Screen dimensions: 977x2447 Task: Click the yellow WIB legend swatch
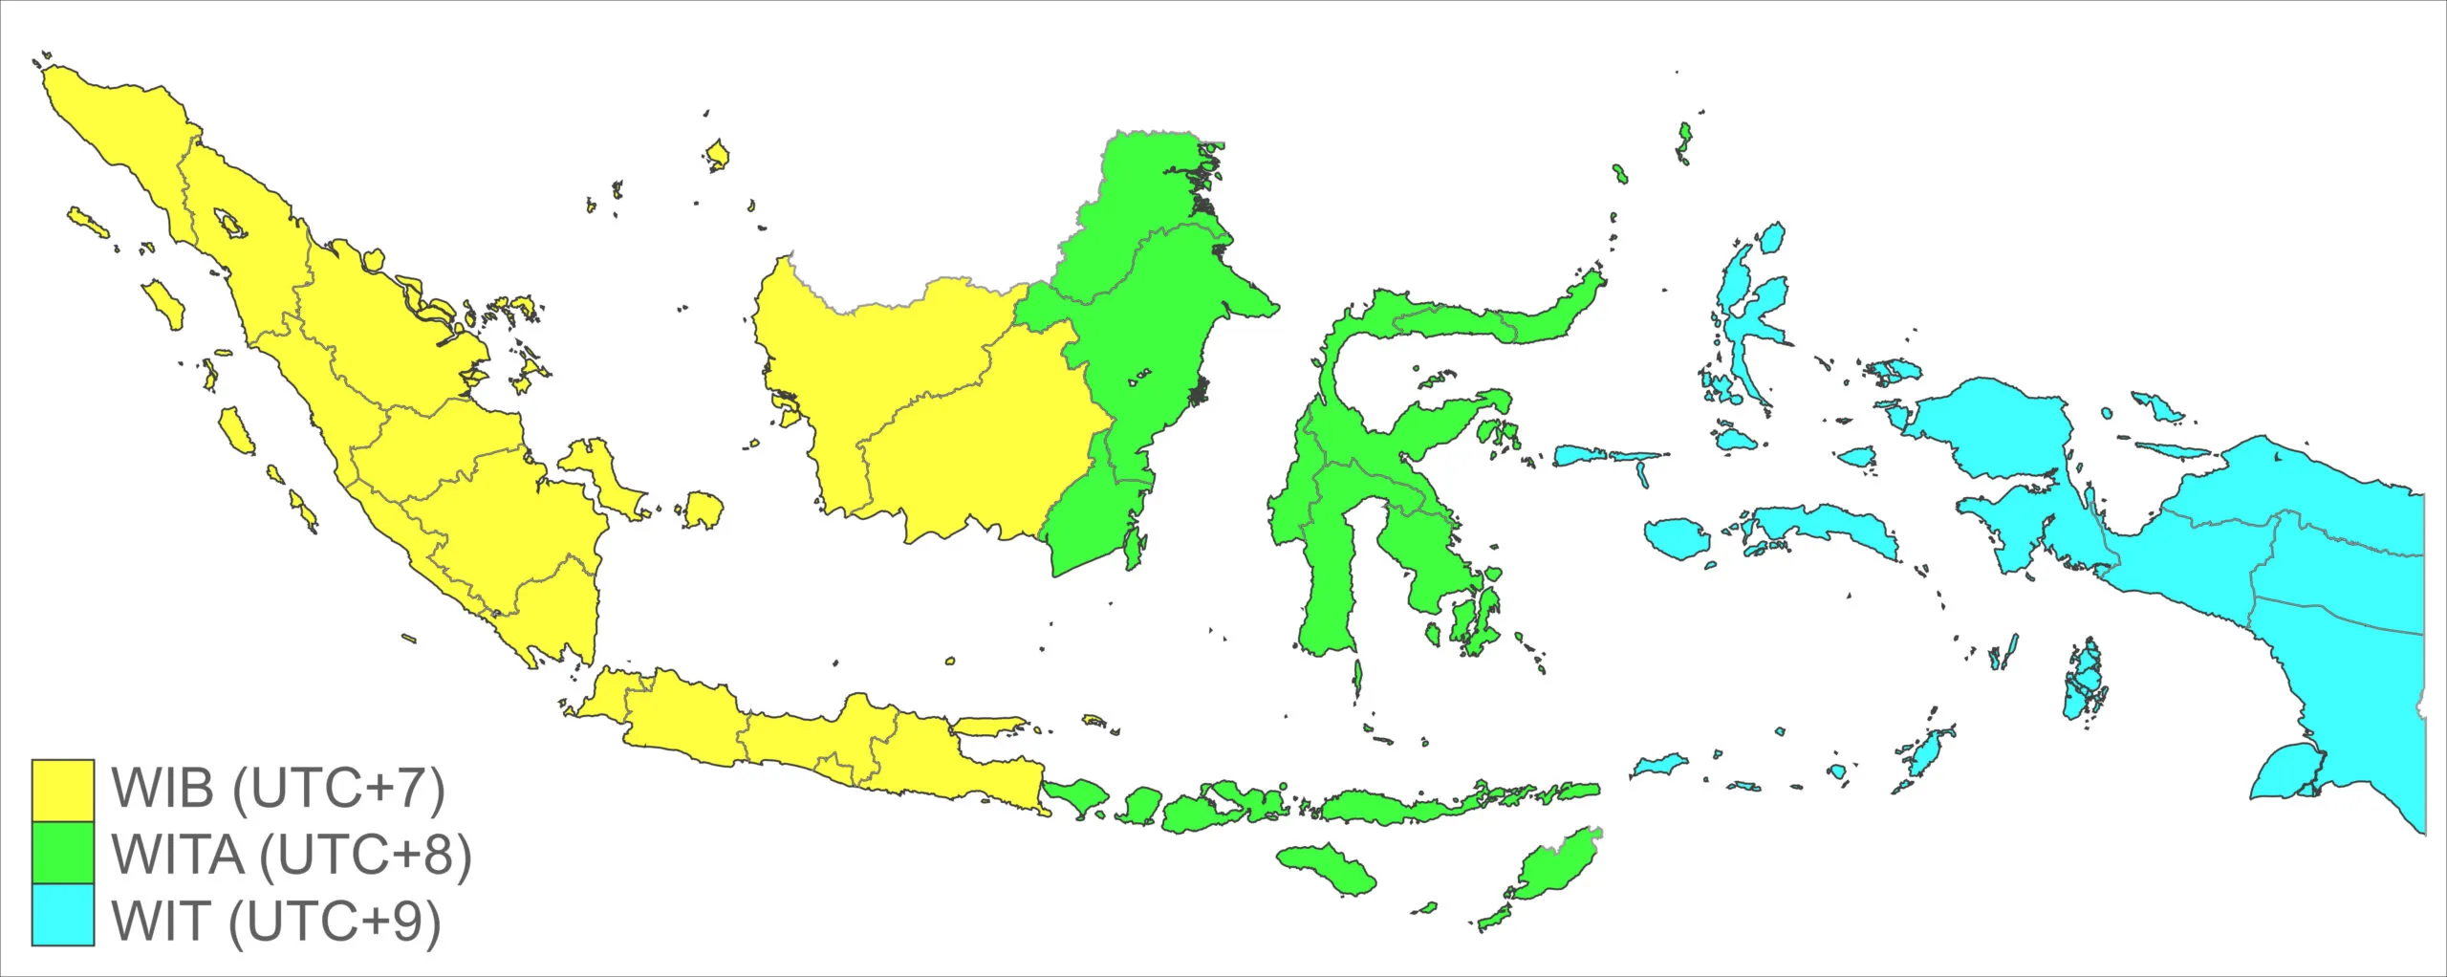pos(63,791)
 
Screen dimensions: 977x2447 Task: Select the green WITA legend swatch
pos(63,853)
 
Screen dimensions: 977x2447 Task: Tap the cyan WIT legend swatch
pos(63,915)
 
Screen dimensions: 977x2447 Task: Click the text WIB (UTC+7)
pos(278,789)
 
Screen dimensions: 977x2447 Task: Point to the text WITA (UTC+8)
pos(292,854)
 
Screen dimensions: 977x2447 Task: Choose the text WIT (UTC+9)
pos(276,920)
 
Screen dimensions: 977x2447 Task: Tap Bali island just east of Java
pos(1074,794)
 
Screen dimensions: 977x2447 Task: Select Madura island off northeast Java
pos(989,727)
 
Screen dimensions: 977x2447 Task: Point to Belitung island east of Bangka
pos(703,510)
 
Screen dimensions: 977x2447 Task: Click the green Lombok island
pos(1137,806)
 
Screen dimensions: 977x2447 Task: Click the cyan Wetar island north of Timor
pos(1657,765)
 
